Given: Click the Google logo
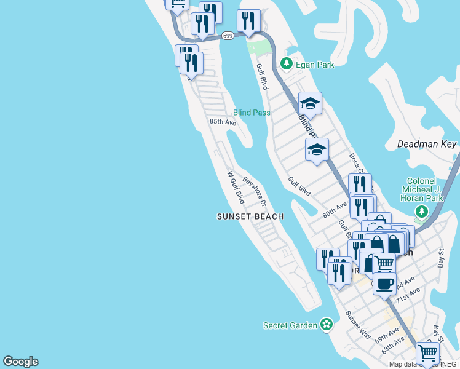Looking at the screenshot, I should click(20, 362).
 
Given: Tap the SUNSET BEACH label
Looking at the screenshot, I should click(250, 216).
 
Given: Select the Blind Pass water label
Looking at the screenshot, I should click(252, 113).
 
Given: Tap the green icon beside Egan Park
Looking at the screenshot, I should click(286, 63).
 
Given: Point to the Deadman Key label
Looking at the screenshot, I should click(427, 144).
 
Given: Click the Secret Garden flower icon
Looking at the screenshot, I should click(326, 324).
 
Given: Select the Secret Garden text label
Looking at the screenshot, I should click(290, 325).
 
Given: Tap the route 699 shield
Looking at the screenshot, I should click(228, 36).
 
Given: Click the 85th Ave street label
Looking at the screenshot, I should click(223, 122).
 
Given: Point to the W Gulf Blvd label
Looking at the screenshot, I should click(236, 188).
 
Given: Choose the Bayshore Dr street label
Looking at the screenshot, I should click(254, 192).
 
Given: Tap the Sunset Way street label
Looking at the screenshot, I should click(358, 325).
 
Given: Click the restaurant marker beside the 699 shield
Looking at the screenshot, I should click(248, 21).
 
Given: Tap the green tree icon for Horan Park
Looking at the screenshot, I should click(421, 213).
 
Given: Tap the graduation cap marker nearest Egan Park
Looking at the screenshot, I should click(311, 103).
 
